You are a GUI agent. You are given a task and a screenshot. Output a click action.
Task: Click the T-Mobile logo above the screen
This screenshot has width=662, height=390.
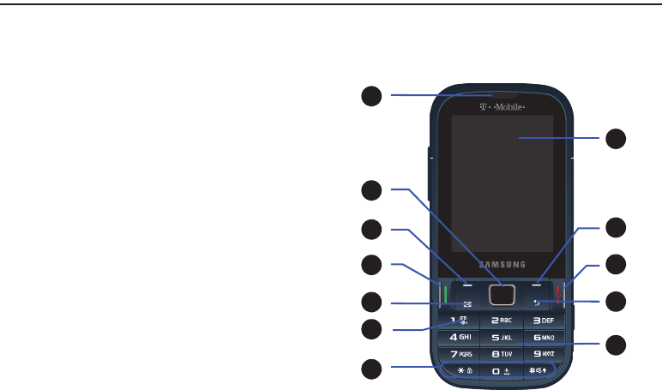click(x=503, y=107)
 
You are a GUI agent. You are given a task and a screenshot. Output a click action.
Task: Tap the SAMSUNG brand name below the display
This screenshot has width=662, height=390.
click(x=502, y=263)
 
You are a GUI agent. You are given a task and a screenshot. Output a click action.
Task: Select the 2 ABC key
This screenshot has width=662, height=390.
click(x=502, y=321)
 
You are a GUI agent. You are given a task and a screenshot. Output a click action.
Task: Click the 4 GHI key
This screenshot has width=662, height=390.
click(x=460, y=337)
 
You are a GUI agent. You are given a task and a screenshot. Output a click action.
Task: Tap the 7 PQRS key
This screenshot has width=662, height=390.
click(x=460, y=352)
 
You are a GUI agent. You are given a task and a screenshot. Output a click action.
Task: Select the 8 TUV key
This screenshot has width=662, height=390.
click(x=502, y=352)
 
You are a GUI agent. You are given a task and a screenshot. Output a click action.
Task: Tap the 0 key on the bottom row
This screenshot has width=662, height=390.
click(x=502, y=369)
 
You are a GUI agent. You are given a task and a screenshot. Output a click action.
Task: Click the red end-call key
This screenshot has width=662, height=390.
click(x=558, y=295)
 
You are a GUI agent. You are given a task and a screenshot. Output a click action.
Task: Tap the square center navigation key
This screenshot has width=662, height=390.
click(x=502, y=295)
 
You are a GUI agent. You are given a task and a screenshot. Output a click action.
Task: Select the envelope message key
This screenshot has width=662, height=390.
click(x=467, y=303)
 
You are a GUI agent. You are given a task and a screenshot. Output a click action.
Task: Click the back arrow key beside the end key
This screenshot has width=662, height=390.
click(x=536, y=303)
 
